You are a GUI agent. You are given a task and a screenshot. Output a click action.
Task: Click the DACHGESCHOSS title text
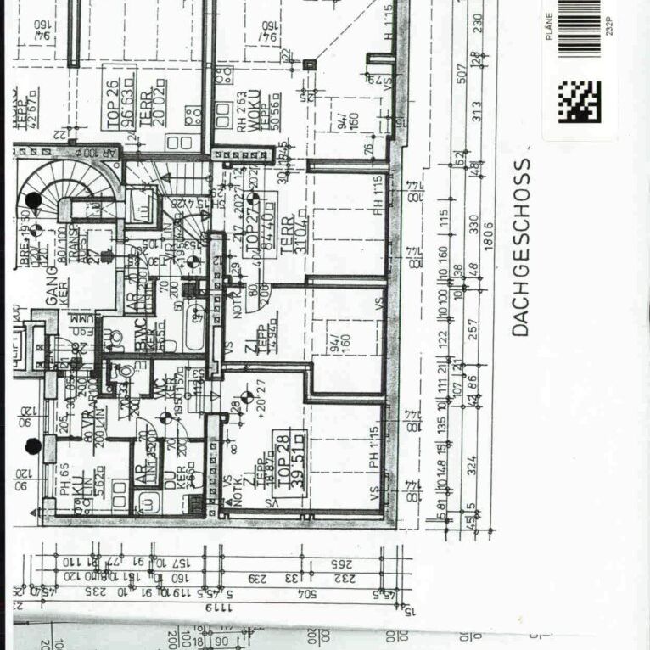(x=520, y=247)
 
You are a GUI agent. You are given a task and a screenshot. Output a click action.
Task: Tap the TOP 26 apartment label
(x=120, y=104)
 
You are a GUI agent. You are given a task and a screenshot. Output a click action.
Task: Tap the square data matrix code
(x=579, y=102)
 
